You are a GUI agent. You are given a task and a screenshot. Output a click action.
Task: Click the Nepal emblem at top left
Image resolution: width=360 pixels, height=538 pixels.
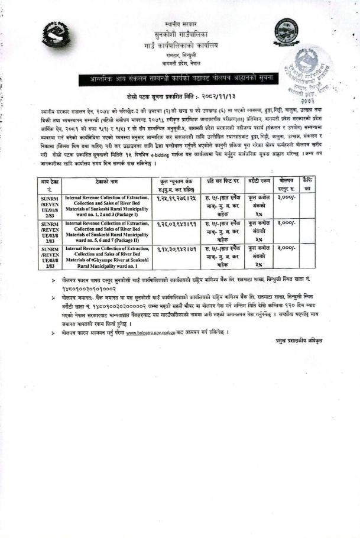(x=60, y=35)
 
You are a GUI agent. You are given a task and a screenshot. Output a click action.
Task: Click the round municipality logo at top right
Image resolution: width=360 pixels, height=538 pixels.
(x=286, y=32)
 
